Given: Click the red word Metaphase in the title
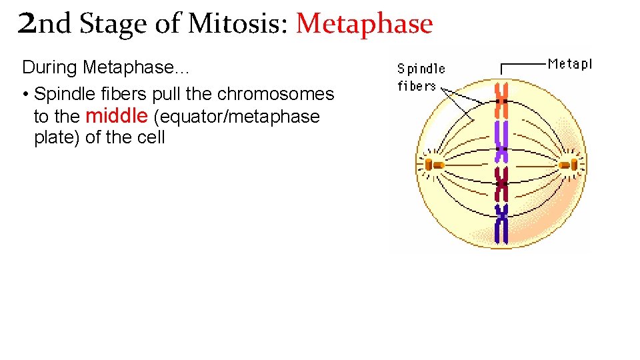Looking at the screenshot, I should [x=364, y=24].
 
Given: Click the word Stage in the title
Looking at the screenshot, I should [x=113, y=24].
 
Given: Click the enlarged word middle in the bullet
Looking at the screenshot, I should [x=117, y=116].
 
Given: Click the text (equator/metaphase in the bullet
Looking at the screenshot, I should [x=237, y=117].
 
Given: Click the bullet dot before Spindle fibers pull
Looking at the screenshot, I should [x=25, y=94].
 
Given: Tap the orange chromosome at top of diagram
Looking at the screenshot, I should [x=502, y=101].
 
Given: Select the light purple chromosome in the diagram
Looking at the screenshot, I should [x=501, y=140].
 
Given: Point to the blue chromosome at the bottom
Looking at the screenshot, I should [x=501, y=223].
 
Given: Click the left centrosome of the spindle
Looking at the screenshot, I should [x=435, y=164].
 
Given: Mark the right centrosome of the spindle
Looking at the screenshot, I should [x=569, y=164].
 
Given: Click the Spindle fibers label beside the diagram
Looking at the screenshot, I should [x=421, y=77].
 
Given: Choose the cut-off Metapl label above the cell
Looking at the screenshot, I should [x=569, y=64].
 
